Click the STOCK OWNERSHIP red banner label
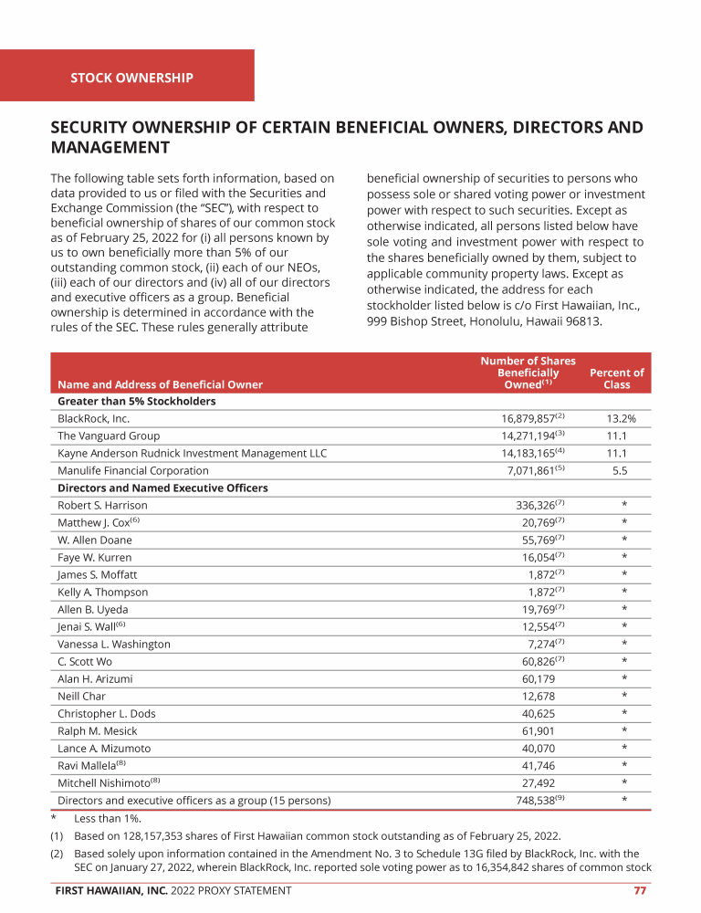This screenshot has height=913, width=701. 131,78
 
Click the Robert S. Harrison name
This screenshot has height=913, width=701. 102,506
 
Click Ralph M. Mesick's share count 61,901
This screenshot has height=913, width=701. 538,731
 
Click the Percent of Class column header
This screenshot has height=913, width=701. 617,379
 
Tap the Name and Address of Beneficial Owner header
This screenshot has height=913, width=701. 160,385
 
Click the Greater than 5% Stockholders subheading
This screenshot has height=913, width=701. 137,402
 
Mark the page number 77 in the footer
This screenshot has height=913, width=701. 640,891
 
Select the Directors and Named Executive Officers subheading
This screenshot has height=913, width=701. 162,488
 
